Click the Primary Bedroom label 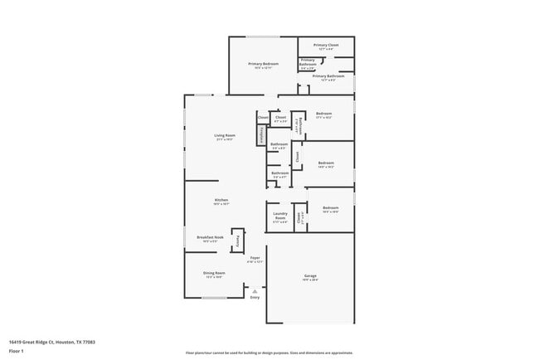click(x=263, y=63)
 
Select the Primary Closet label click(x=325, y=45)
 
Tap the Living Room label click(x=225, y=135)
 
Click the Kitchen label click(x=221, y=200)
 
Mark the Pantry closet click(x=237, y=241)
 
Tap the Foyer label click(x=255, y=258)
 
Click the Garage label click(x=310, y=275)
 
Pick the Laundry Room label click(x=280, y=216)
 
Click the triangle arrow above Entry click(x=255, y=290)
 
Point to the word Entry click(x=255, y=296)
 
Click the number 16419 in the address click(x=14, y=341)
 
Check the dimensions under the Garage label click(x=310, y=280)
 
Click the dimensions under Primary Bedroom click(x=263, y=68)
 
